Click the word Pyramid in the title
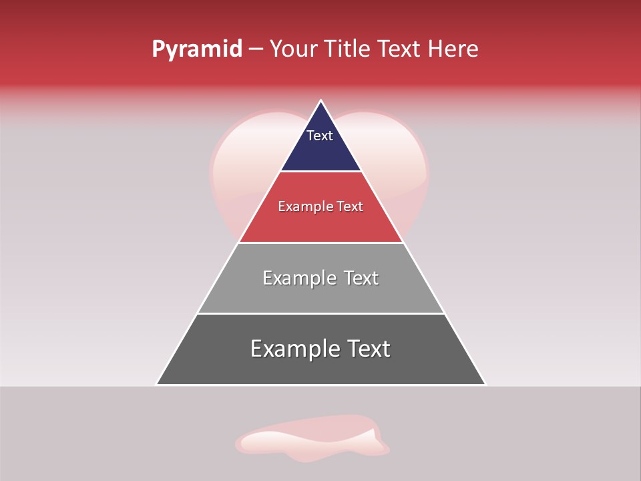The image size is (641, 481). tap(196, 49)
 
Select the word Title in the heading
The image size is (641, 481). tap(351, 49)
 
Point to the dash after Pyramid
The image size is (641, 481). tap(256, 49)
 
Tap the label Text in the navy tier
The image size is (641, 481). tap(320, 136)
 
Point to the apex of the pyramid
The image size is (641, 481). tap(321, 102)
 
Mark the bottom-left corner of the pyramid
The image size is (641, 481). tap(157, 384)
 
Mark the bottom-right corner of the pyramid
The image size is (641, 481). tap(485, 384)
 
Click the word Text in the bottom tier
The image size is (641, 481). tap(369, 349)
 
